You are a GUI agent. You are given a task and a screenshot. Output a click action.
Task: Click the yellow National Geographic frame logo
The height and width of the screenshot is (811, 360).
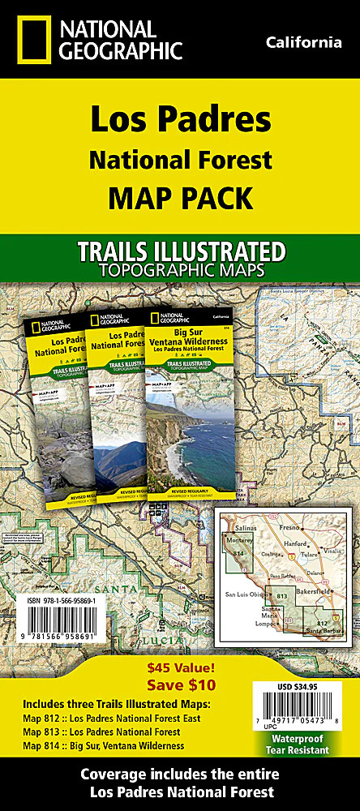tap(24, 39)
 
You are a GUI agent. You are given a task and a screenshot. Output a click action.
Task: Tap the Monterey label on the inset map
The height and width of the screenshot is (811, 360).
tap(241, 538)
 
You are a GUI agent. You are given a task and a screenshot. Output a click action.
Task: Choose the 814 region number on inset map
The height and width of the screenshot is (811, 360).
tap(238, 553)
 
